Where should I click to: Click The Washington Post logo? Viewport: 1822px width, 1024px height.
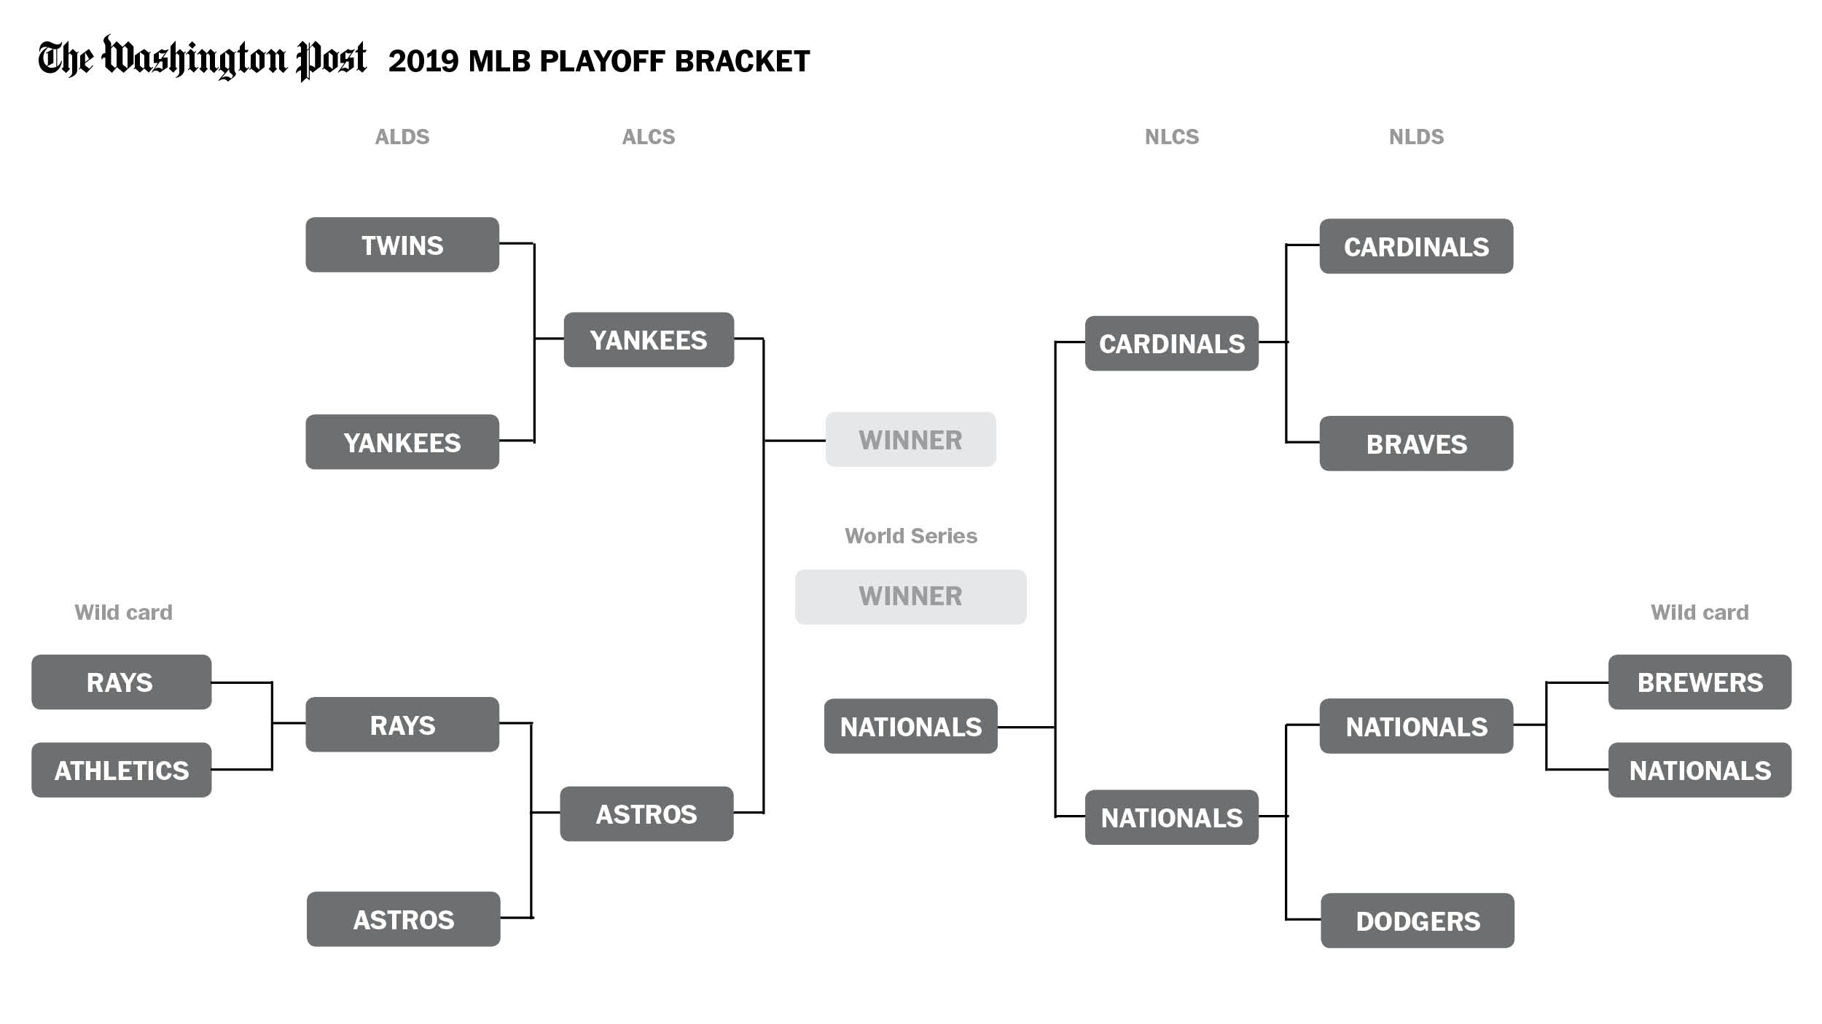tap(202, 58)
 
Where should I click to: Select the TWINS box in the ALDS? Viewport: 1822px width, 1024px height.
tap(402, 245)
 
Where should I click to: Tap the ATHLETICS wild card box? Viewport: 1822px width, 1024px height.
tap(121, 770)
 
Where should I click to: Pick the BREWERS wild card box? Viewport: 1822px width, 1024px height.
tap(1700, 682)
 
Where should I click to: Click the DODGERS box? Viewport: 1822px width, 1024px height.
tap(1418, 921)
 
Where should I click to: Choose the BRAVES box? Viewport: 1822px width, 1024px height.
tap(1416, 444)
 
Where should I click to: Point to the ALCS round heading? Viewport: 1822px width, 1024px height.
tap(649, 137)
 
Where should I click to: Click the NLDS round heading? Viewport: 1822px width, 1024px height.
tap(1416, 137)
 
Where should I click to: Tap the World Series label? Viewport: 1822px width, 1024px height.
tap(910, 536)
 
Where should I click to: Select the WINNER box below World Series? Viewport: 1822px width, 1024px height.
tap(910, 596)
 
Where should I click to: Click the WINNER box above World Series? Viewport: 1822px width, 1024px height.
tap(910, 439)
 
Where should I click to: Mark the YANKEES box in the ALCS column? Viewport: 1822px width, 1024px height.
tap(649, 340)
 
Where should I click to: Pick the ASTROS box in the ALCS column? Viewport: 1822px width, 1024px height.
tap(646, 814)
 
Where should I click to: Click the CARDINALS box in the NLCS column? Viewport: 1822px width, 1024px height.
tap(1172, 343)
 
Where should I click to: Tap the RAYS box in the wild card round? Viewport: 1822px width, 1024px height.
tap(121, 682)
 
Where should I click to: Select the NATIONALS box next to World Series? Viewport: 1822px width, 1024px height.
tap(910, 726)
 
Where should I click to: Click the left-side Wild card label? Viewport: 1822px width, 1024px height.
tap(123, 613)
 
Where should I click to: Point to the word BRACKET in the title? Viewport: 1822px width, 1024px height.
tap(742, 61)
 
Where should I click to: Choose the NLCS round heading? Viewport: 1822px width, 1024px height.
tap(1171, 137)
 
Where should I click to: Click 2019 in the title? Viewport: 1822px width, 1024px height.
tap(423, 61)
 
